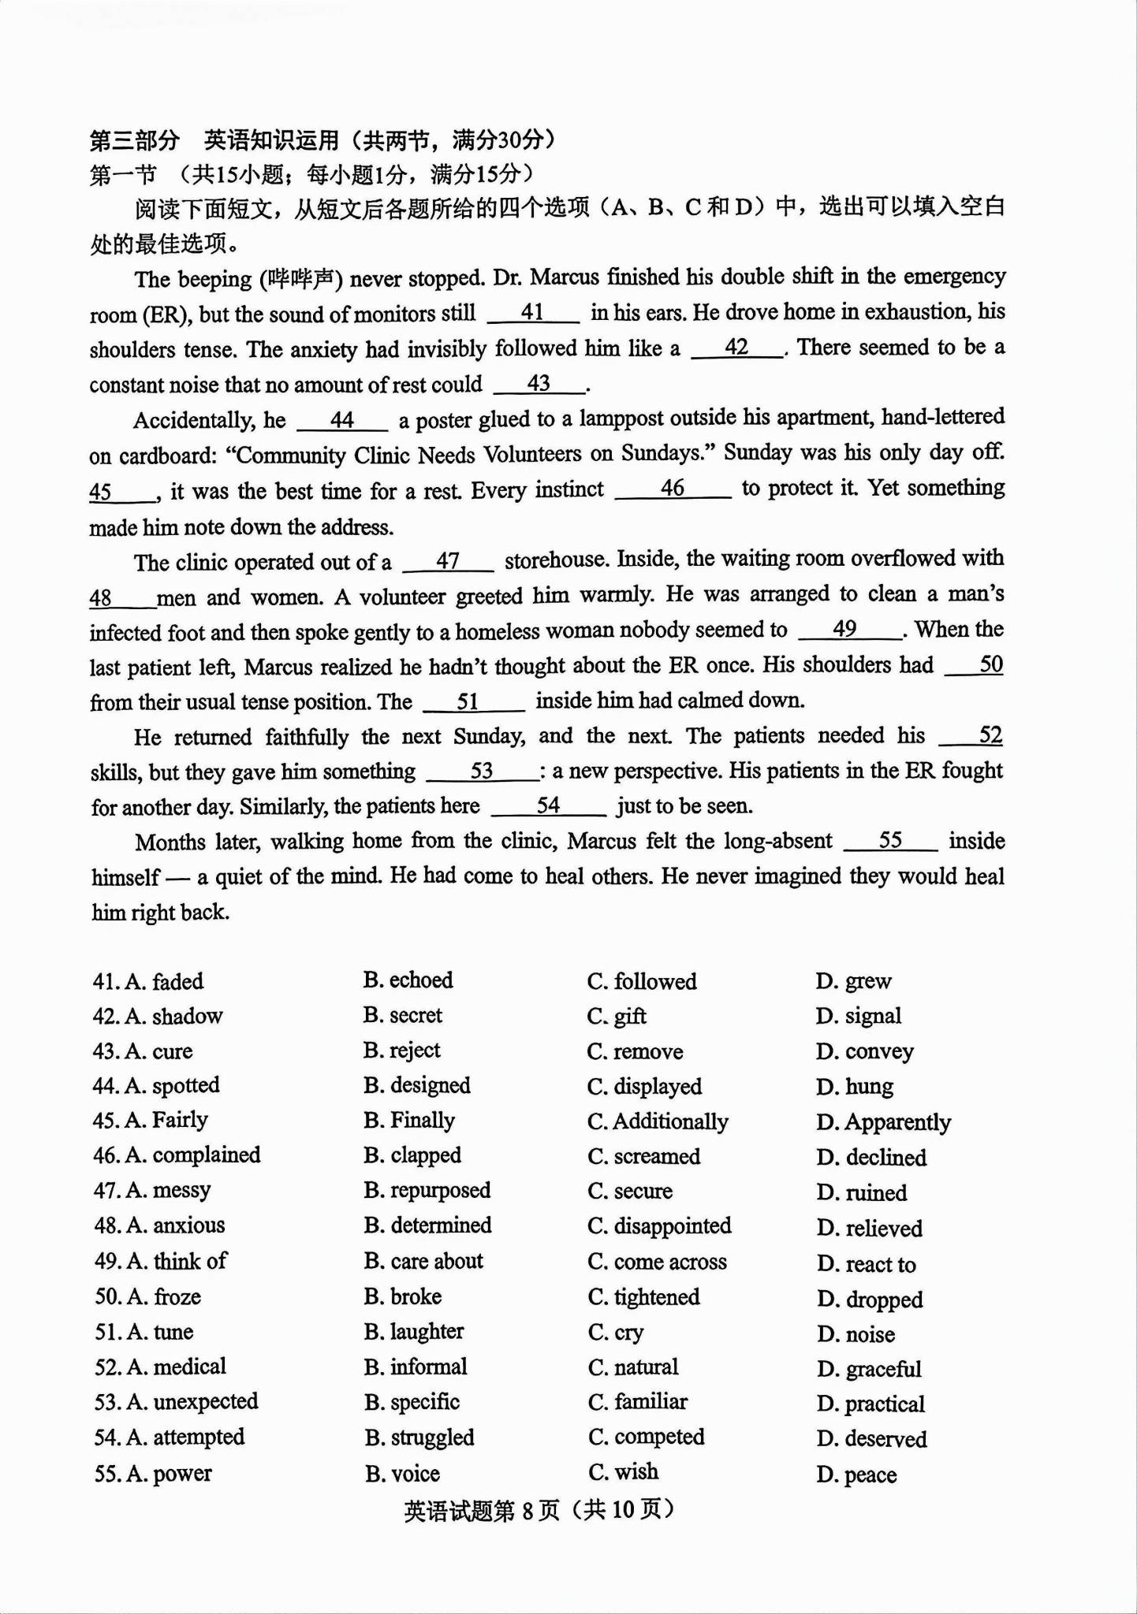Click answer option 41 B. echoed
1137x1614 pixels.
[x=408, y=980]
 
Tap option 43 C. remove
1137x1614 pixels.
[x=635, y=1052]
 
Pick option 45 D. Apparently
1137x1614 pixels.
[x=883, y=1122]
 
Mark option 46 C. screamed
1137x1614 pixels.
[x=643, y=1157]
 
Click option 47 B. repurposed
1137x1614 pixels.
[x=427, y=1191]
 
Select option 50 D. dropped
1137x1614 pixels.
[x=869, y=1300]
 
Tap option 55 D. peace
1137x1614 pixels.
[x=856, y=1475]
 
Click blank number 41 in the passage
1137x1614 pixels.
[x=533, y=313]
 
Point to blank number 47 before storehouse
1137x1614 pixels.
[x=448, y=561]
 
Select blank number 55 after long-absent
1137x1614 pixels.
[x=890, y=841]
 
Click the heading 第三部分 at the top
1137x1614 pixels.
[x=135, y=141]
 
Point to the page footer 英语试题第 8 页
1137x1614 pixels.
[x=481, y=1510]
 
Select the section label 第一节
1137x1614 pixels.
[x=123, y=174]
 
